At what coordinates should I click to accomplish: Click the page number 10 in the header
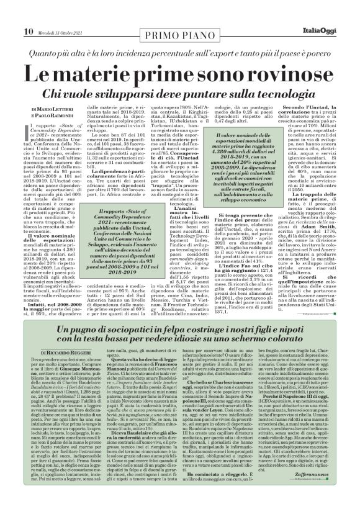click(11, 14)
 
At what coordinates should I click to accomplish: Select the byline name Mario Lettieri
click(36, 109)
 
